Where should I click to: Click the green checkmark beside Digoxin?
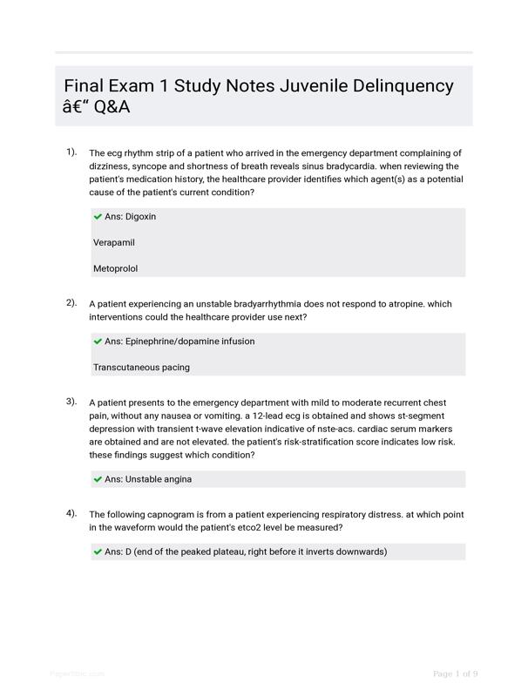tap(98, 216)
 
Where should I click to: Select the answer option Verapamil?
tap(114, 242)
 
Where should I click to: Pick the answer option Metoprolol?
tap(116, 268)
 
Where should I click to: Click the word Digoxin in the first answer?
tap(141, 216)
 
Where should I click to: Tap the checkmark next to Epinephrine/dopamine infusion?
tap(98, 341)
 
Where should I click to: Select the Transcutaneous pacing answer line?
tap(141, 367)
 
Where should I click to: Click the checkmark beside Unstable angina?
tap(98, 478)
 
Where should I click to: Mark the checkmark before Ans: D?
tap(98, 552)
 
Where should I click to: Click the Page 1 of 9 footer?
tap(455, 673)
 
